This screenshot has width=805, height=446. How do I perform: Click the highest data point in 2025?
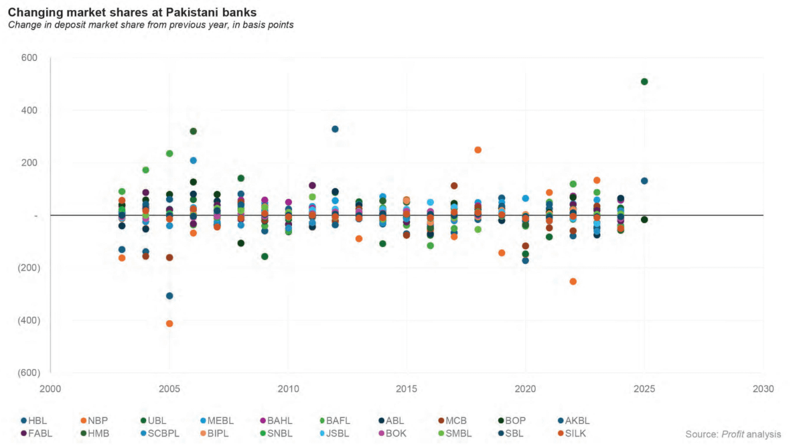tap(644, 82)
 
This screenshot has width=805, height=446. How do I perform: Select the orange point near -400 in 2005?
tap(169, 323)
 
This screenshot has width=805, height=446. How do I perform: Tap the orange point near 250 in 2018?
tap(478, 150)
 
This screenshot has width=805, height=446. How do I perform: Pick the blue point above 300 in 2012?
tap(335, 129)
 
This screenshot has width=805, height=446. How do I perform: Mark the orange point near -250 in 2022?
tap(573, 281)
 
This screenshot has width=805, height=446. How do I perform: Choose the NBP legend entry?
tap(98, 421)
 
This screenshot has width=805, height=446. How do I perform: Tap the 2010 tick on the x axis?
tap(288, 389)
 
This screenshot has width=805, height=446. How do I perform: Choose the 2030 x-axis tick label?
tap(763, 389)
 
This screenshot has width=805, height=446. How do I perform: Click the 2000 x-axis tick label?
tap(50, 389)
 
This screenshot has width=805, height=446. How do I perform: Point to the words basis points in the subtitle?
tap(267, 25)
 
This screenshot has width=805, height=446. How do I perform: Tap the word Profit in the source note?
tap(733, 435)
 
